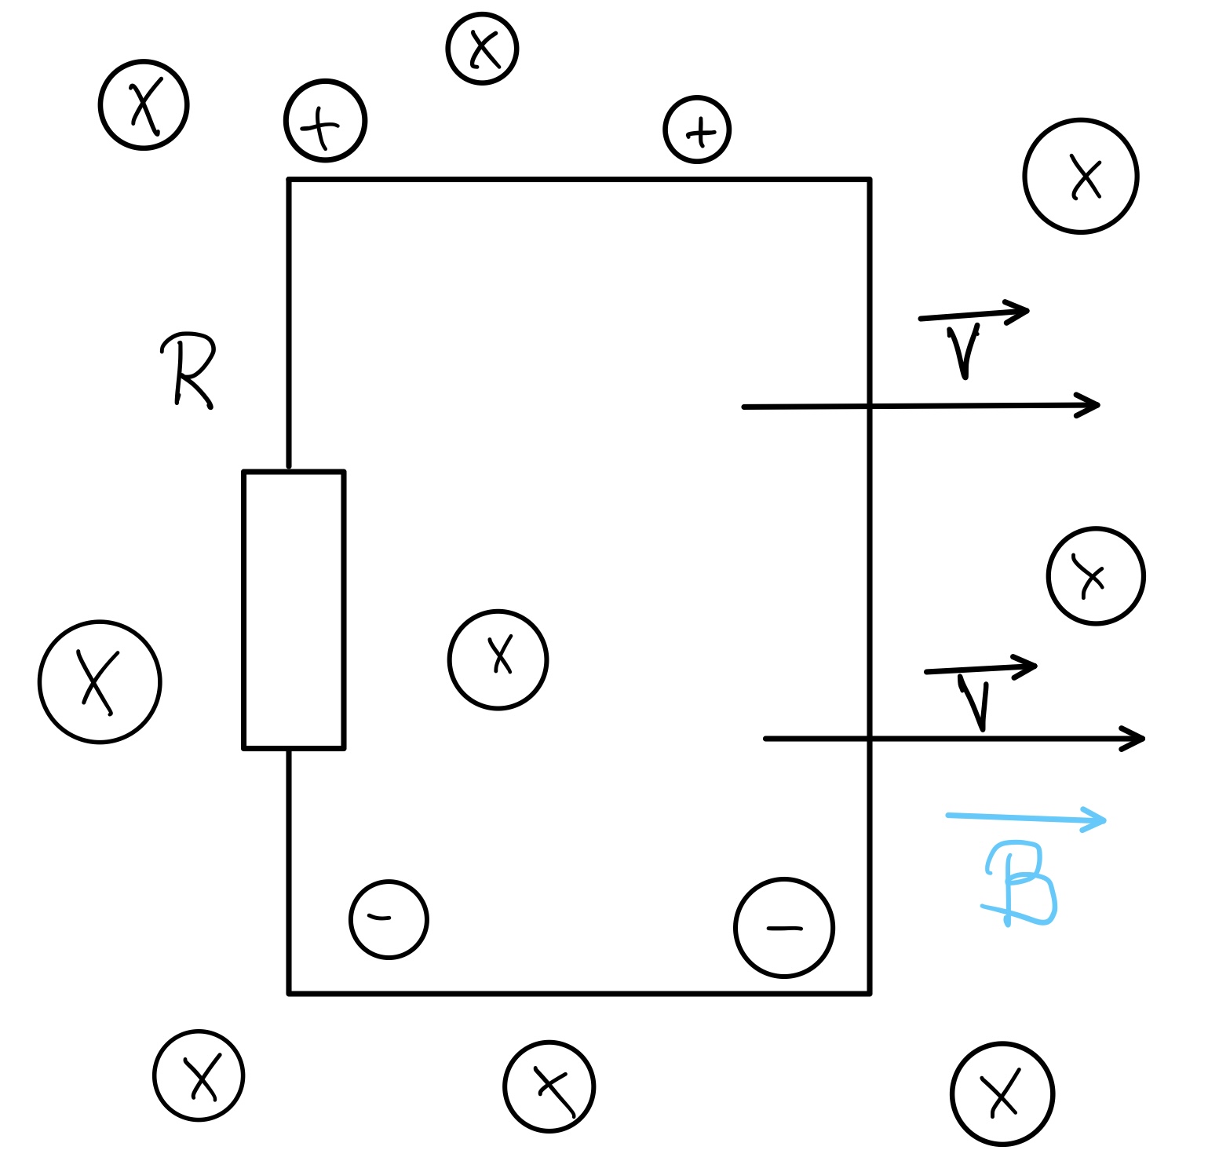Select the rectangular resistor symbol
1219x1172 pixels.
[294, 610]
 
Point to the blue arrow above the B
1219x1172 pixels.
[1026, 819]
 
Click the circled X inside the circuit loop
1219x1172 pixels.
[498, 659]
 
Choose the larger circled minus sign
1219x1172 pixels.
[783, 928]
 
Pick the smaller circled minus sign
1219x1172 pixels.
[389, 919]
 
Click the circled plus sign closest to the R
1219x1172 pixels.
[325, 121]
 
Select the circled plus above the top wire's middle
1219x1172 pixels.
[697, 130]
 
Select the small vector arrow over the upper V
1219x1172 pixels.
[974, 313]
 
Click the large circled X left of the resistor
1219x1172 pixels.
[100, 681]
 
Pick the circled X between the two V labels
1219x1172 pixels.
[1095, 576]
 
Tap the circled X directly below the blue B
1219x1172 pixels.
[1002, 1094]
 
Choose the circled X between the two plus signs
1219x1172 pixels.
[482, 49]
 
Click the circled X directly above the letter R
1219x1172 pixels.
[144, 105]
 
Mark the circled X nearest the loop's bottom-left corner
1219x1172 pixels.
[199, 1075]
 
